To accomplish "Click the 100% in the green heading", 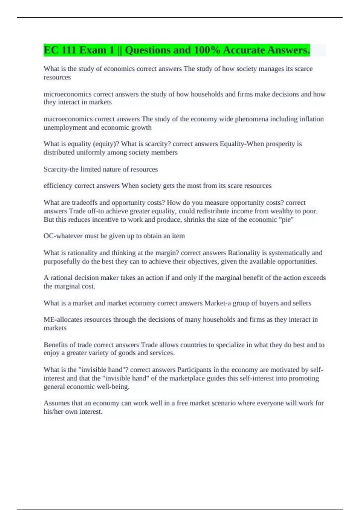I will pos(207,50).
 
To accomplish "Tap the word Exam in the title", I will pos(93,50).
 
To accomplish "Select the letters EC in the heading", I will pos(51,50).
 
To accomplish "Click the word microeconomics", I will pos(67,94).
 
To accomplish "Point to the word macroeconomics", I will pos(68,119).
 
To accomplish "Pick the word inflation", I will pos(312,119).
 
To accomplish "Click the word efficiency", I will pos(58,186).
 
